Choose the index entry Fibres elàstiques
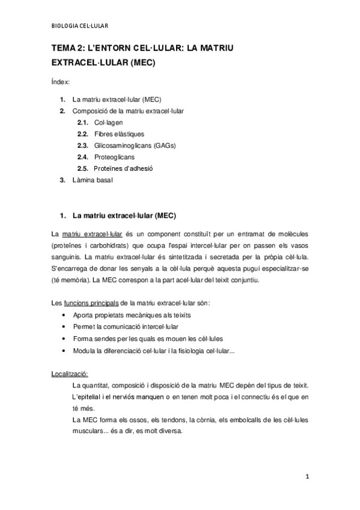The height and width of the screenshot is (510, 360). (119, 134)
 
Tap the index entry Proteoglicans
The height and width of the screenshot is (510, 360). (114, 157)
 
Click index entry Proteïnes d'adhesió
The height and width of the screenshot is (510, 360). (123, 168)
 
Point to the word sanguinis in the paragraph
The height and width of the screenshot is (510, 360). (65, 257)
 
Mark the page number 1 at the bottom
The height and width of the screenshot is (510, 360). (307, 478)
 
